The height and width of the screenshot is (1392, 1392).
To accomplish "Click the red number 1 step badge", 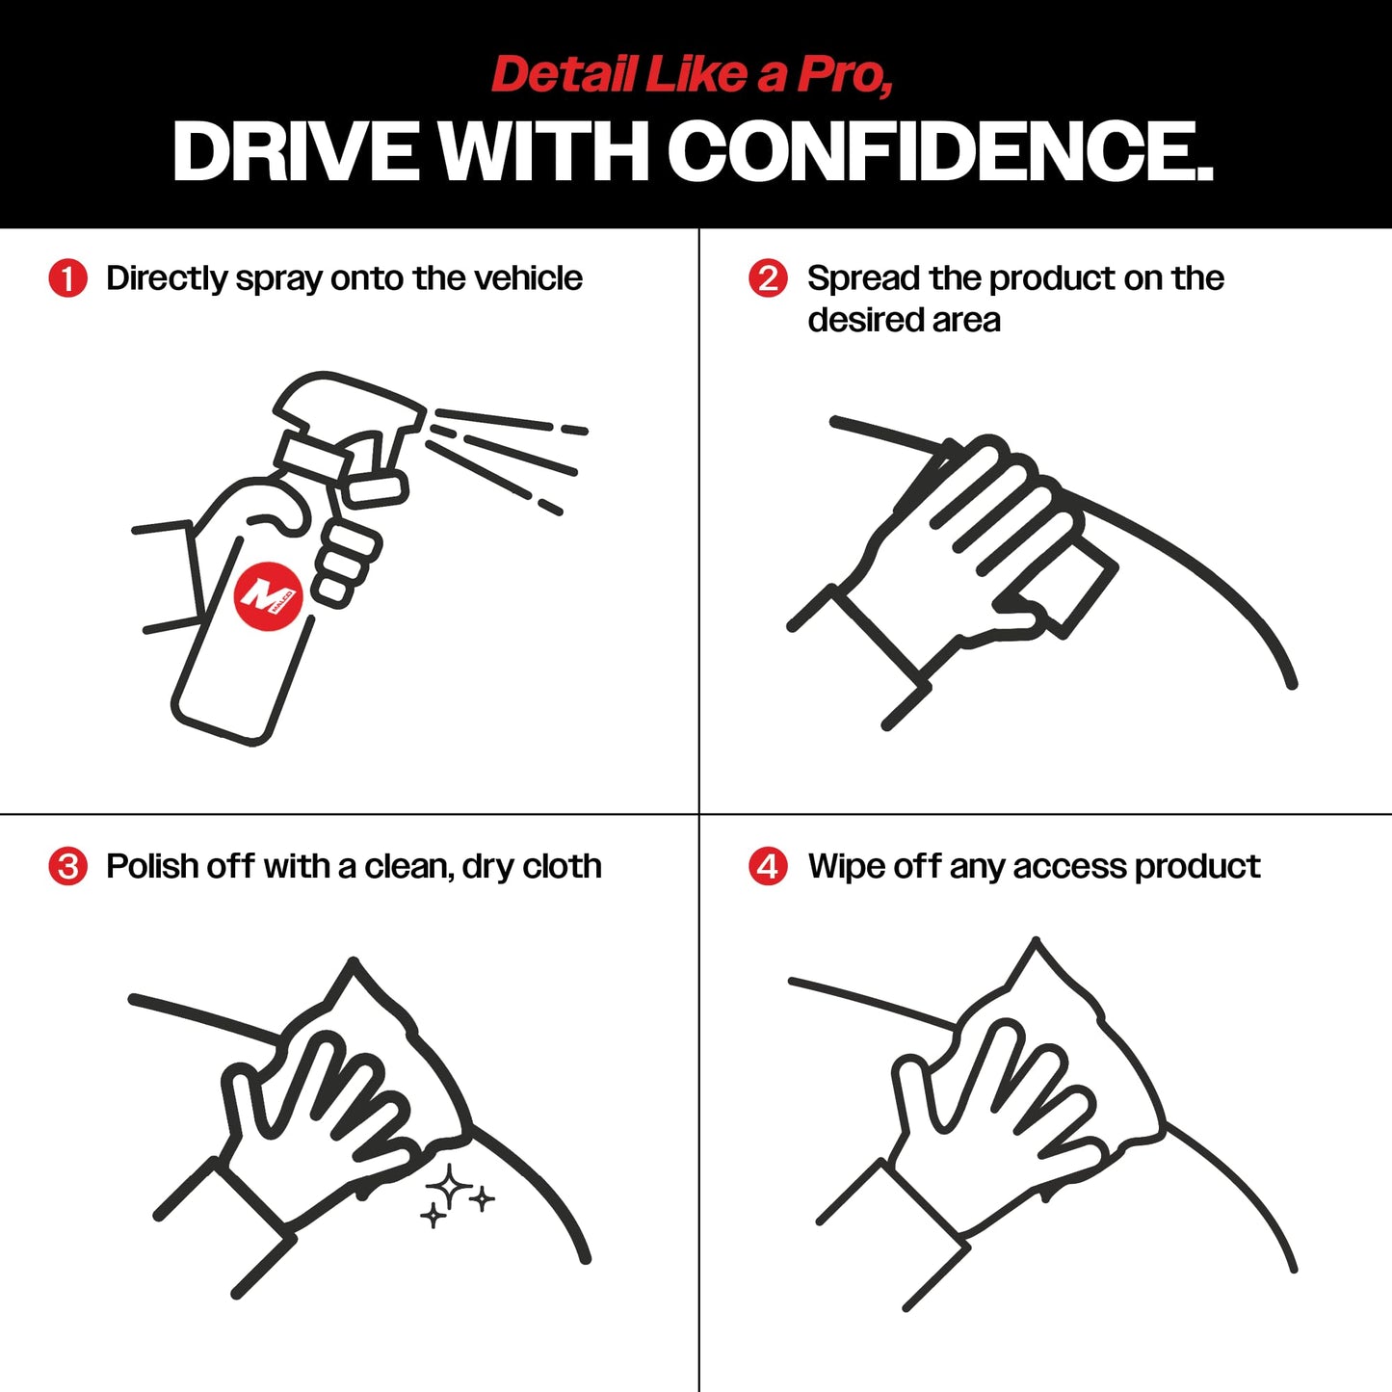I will coord(67,278).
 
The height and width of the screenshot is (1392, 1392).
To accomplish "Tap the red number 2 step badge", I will coord(768,278).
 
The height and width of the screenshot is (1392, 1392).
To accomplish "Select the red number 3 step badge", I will coord(67,866).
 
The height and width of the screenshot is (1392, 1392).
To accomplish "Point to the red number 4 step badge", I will coord(768,866).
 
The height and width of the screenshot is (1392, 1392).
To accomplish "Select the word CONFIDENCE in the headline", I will coord(939,151).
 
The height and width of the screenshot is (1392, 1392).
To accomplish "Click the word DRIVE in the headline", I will coord(295,151).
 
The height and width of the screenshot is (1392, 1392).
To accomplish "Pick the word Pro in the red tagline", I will coord(844,75).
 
